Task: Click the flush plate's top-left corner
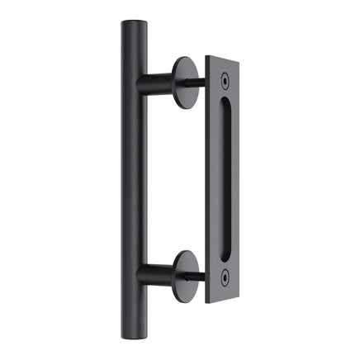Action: click(x=206, y=57)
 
